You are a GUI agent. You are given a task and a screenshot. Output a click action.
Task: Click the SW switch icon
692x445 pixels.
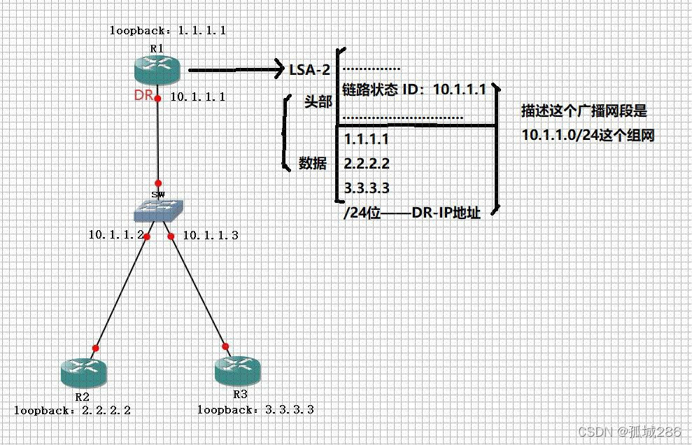point(160,209)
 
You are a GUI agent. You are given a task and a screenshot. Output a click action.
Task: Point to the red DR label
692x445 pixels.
point(143,95)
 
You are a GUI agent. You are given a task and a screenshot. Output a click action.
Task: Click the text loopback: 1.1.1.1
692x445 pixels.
point(168,31)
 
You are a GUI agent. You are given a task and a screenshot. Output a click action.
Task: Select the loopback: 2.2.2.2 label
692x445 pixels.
point(72,410)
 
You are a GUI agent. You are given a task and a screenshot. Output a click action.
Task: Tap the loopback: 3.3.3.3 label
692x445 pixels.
point(255,410)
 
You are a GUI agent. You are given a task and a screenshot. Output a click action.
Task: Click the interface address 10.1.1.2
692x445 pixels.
point(115,235)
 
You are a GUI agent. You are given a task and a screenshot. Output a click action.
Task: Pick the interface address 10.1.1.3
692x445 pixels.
point(211,235)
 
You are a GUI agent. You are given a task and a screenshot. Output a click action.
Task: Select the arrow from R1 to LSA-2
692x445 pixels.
point(234,70)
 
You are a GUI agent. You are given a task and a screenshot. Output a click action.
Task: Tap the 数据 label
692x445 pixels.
point(313,163)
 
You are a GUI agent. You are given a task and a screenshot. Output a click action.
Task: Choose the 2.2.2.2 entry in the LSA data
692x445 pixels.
point(367,163)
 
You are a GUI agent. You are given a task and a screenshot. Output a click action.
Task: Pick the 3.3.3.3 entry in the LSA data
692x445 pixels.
point(367,188)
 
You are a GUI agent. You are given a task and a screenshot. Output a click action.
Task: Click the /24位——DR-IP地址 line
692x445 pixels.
point(412,213)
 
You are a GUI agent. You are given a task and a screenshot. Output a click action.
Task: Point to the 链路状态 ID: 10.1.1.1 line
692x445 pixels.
point(414,89)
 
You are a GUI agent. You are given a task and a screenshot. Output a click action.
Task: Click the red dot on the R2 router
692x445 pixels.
point(96,348)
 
